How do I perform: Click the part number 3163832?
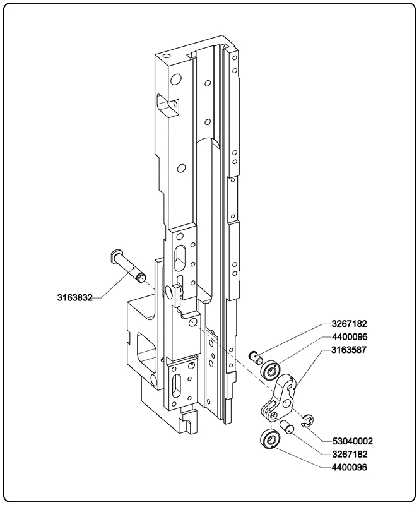pyautogui.click(x=74, y=297)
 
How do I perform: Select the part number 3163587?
pyautogui.click(x=349, y=349)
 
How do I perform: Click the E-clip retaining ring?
pyautogui.click(x=307, y=421)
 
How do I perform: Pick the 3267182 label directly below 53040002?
pyautogui.click(x=349, y=454)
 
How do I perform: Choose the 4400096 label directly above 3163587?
pyautogui.click(x=349, y=336)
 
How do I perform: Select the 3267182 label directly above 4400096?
pyautogui.click(x=349, y=324)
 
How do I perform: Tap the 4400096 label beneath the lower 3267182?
pyautogui.click(x=349, y=467)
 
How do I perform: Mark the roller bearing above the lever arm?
pyautogui.click(x=273, y=370)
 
